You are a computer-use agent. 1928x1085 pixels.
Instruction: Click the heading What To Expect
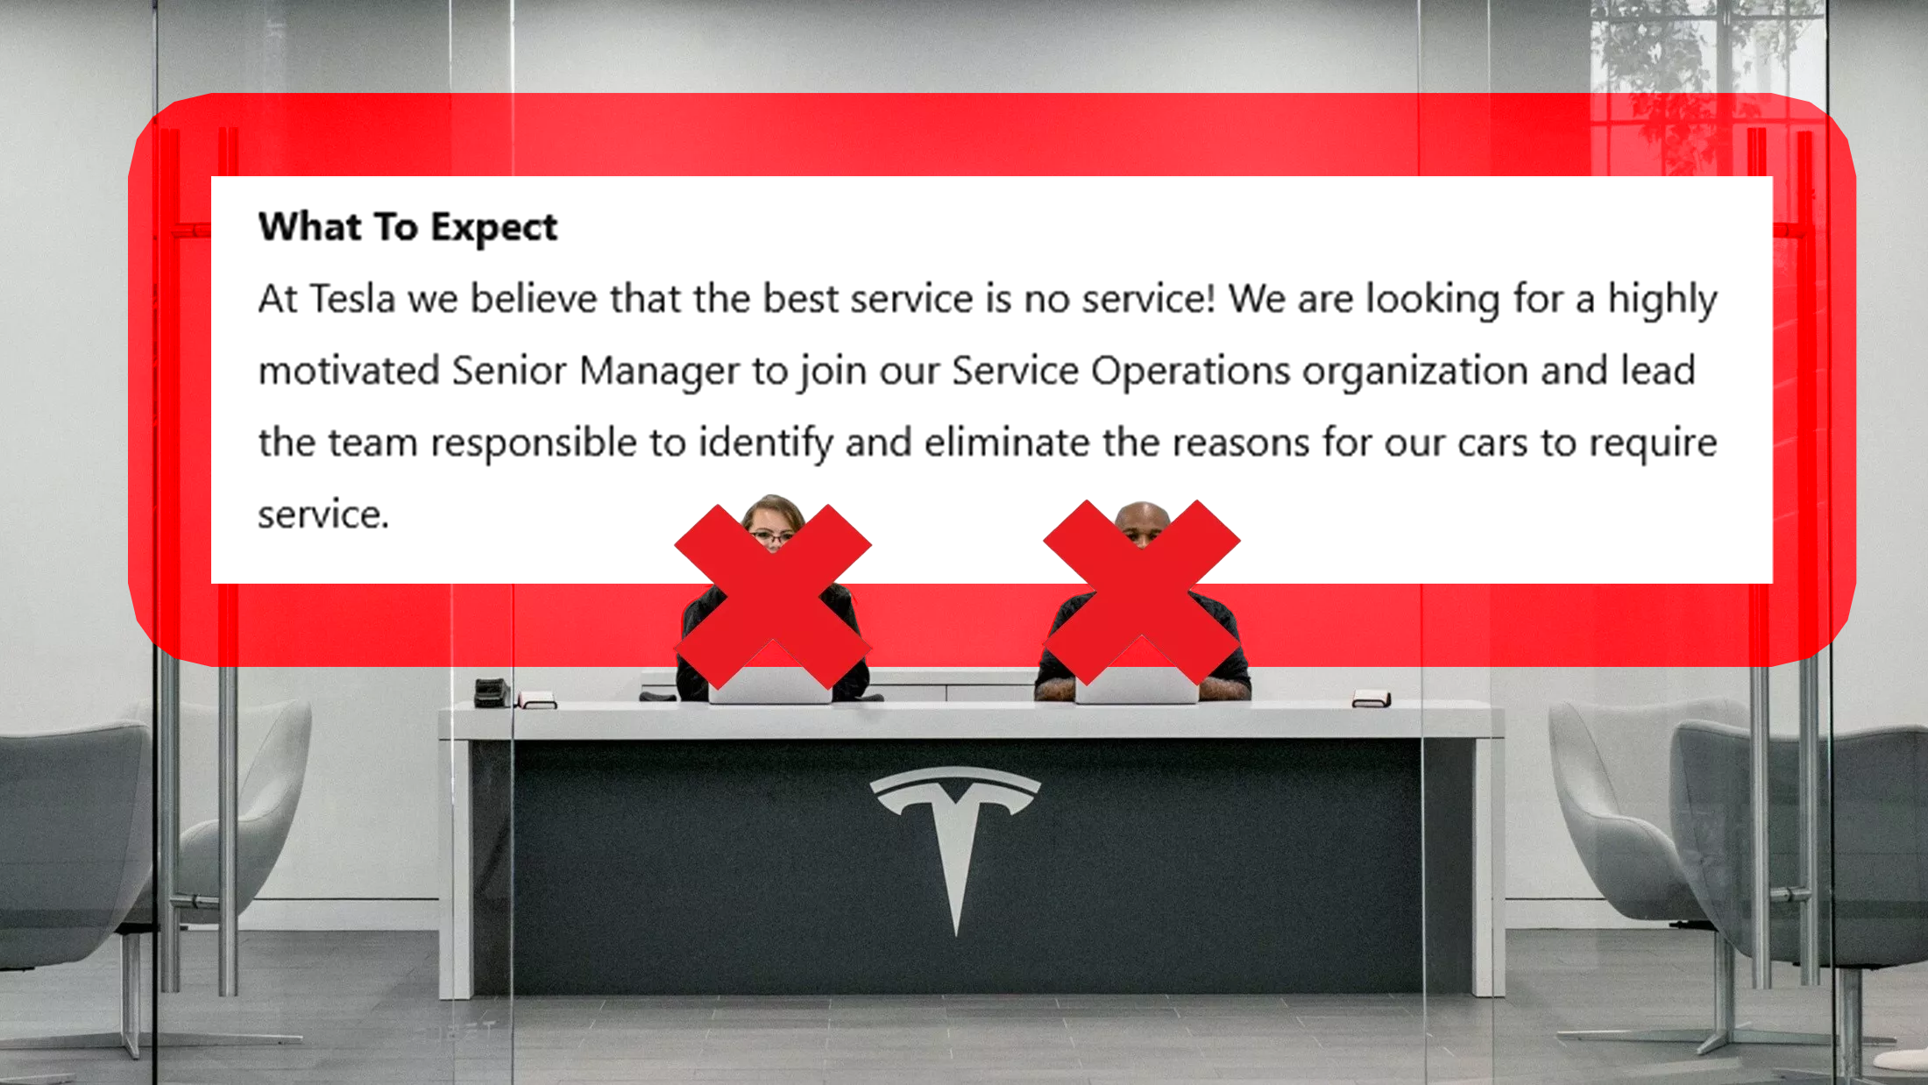click(408, 228)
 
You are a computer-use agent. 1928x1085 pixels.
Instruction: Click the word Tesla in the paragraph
click(352, 299)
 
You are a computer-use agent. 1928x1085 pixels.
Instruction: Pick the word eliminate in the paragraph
click(1007, 443)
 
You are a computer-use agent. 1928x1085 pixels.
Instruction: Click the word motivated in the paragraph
click(349, 371)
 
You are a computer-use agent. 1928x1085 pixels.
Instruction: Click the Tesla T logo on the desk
click(955, 841)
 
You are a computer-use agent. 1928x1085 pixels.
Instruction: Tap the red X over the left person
click(773, 596)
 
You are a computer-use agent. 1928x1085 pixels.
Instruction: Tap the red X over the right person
click(1141, 592)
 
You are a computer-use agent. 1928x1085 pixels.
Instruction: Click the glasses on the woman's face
click(772, 535)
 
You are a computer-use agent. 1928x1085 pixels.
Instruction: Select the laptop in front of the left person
click(770, 684)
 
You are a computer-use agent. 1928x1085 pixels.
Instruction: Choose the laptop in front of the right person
click(1137, 684)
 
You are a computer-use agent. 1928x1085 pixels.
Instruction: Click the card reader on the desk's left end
click(492, 692)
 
